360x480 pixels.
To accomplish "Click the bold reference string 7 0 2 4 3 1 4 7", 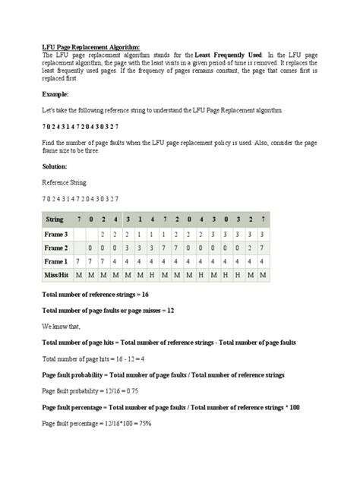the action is pos(84,126).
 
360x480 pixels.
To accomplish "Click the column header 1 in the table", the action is pos(140,219).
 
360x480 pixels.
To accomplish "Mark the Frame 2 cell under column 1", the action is pos(140,248).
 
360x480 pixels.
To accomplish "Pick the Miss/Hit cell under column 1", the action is pos(140,274).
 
